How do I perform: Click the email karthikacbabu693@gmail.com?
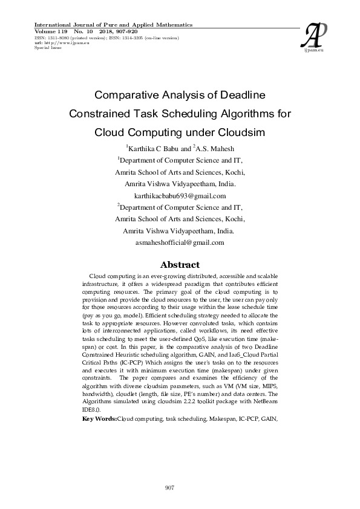pyautogui.click(x=180, y=196)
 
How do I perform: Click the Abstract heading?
pyautogui.click(x=180, y=265)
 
